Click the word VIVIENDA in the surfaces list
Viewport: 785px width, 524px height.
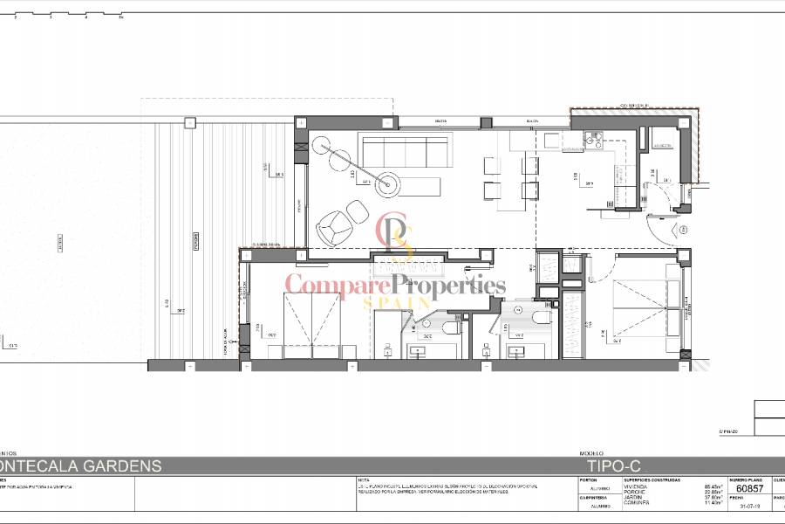click(636, 486)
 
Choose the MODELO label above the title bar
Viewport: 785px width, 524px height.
click(592, 454)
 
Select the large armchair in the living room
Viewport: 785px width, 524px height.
click(332, 229)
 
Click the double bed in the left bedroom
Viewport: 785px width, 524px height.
click(311, 323)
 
